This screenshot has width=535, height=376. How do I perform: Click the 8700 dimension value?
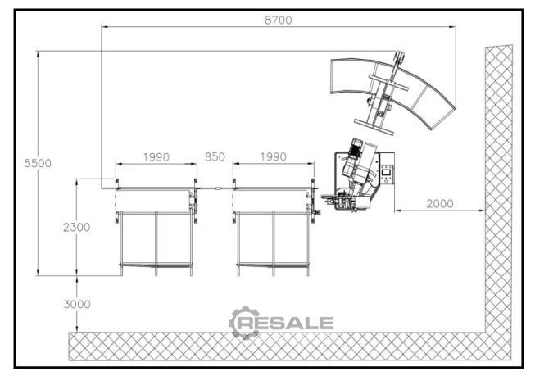(279, 20)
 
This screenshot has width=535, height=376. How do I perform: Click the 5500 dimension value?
(38, 163)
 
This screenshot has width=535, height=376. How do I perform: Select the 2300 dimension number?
(77, 227)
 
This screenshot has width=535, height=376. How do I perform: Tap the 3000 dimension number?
(77, 304)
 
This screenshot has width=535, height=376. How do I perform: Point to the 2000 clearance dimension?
(440, 204)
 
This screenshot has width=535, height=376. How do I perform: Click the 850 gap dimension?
(215, 157)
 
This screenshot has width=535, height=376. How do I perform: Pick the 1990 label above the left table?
(156, 157)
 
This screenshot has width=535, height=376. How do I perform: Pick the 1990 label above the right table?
(274, 157)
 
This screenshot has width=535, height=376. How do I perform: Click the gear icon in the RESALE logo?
(243, 323)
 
